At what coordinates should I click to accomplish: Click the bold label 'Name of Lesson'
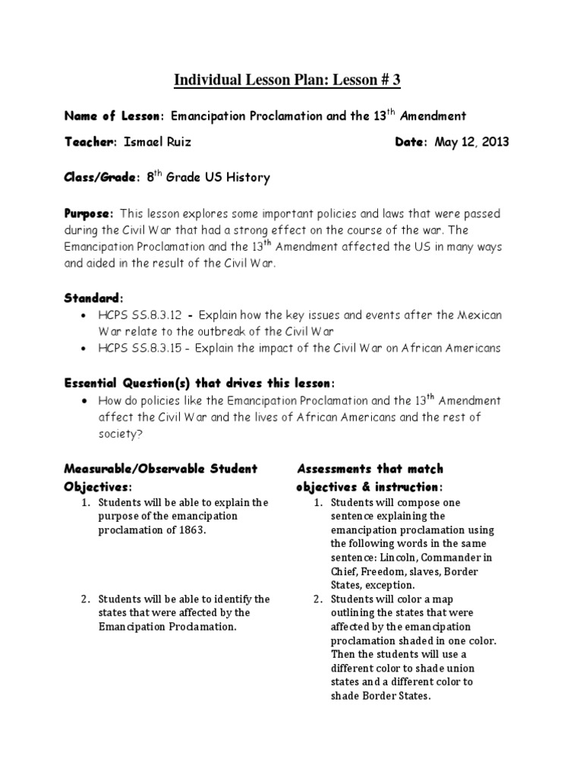(113, 116)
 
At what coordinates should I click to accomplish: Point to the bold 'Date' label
(411, 142)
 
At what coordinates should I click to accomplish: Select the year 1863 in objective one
(191, 530)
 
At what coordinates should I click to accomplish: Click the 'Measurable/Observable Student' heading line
(161, 469)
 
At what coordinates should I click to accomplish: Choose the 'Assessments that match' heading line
(370, 469)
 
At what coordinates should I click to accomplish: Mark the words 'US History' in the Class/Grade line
(241, 178)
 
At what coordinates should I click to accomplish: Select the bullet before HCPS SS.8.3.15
(83, 349)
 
